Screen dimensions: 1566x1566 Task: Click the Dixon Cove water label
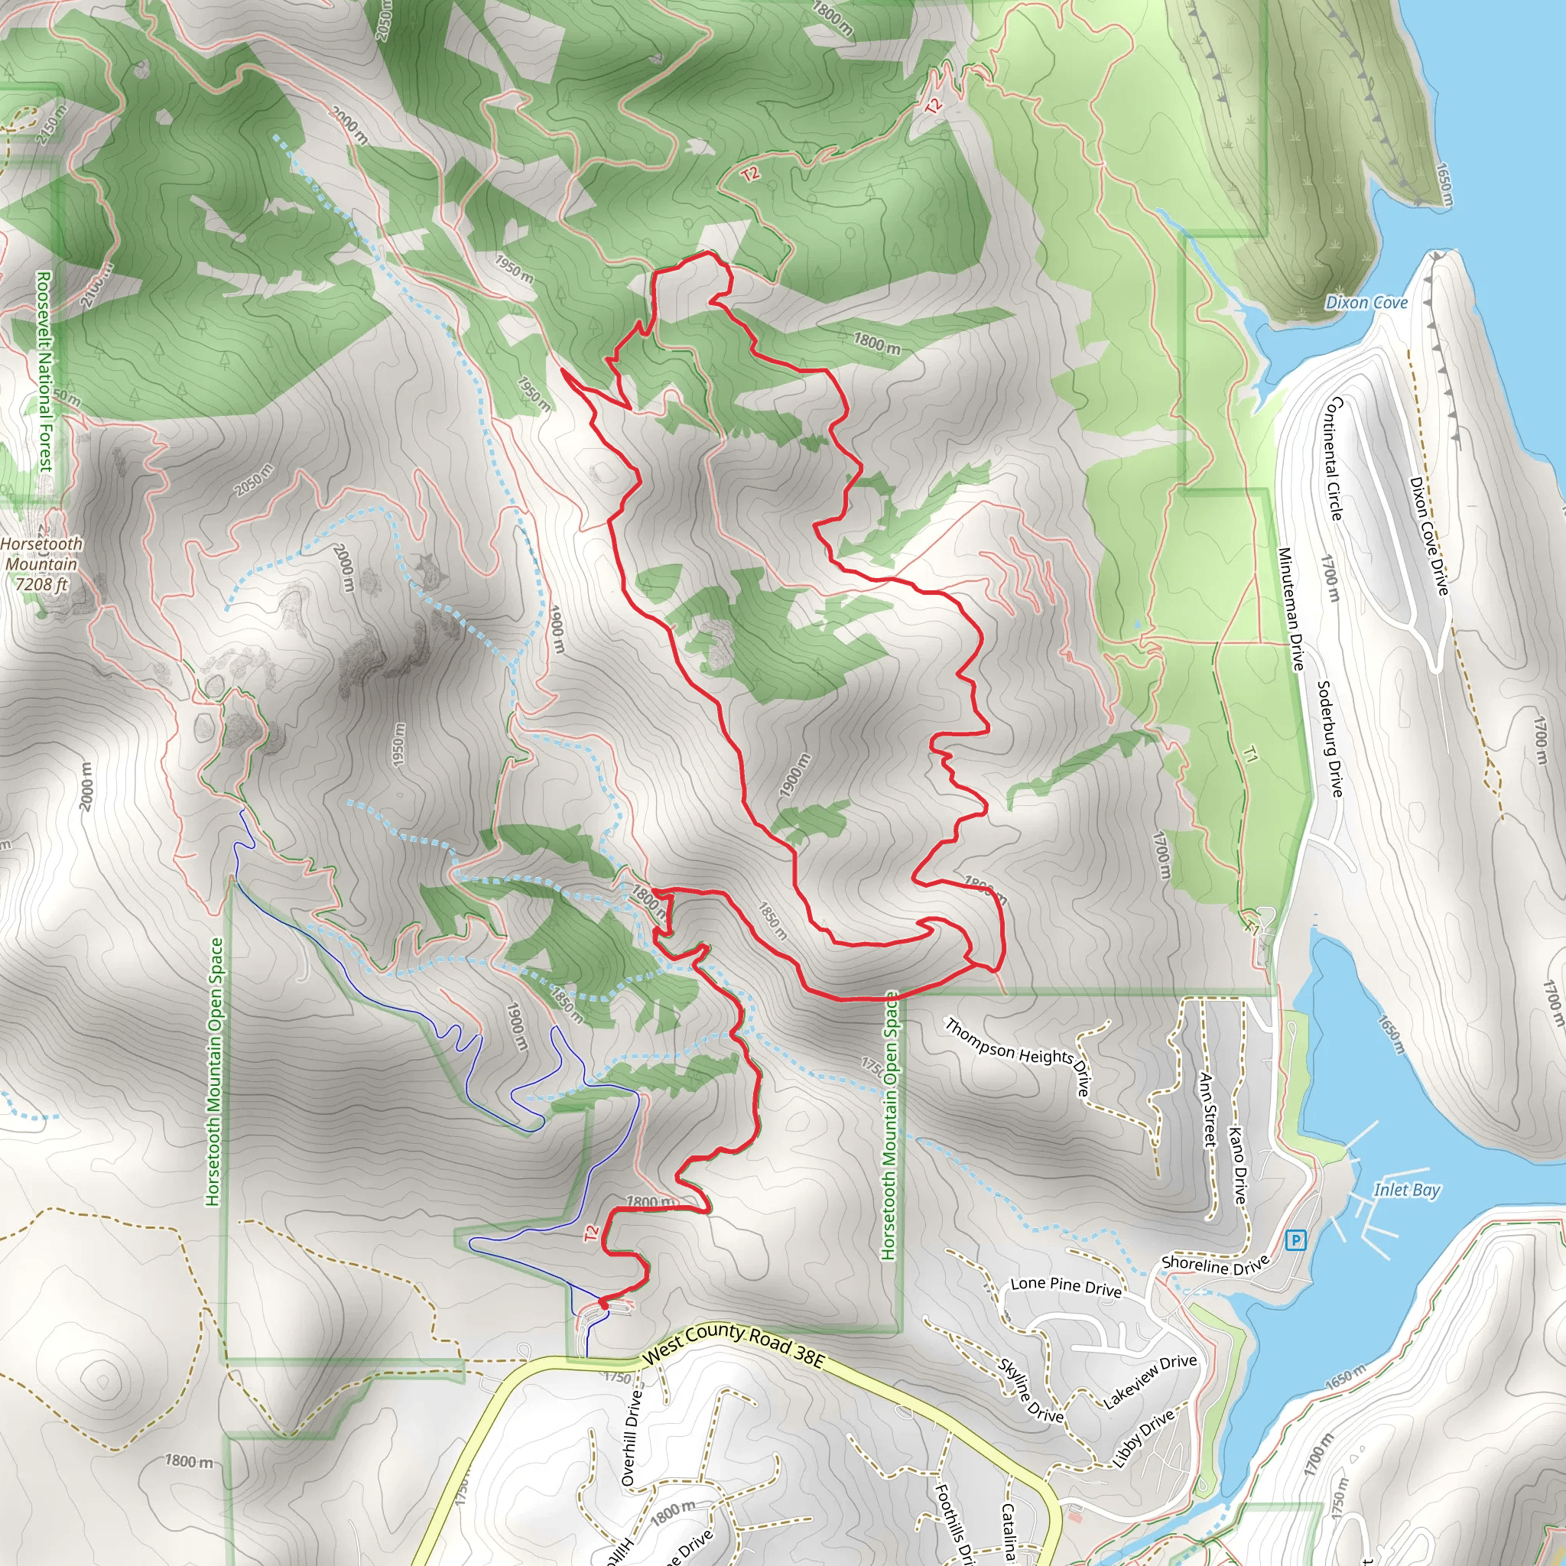(x=1366, y=302)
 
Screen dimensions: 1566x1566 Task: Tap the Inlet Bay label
(x=1406, y=1190)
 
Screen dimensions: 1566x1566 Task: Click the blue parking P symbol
(x=1295, y=1240)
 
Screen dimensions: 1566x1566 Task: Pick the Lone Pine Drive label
(x=1066, y=1286)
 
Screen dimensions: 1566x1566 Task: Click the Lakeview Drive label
(x=1149, y=1381)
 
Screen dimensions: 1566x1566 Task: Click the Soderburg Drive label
(x=1329, y=739)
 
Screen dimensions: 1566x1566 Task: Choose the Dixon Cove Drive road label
(x=1428, y=536)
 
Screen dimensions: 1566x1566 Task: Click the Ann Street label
(x=1207, y=1110)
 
